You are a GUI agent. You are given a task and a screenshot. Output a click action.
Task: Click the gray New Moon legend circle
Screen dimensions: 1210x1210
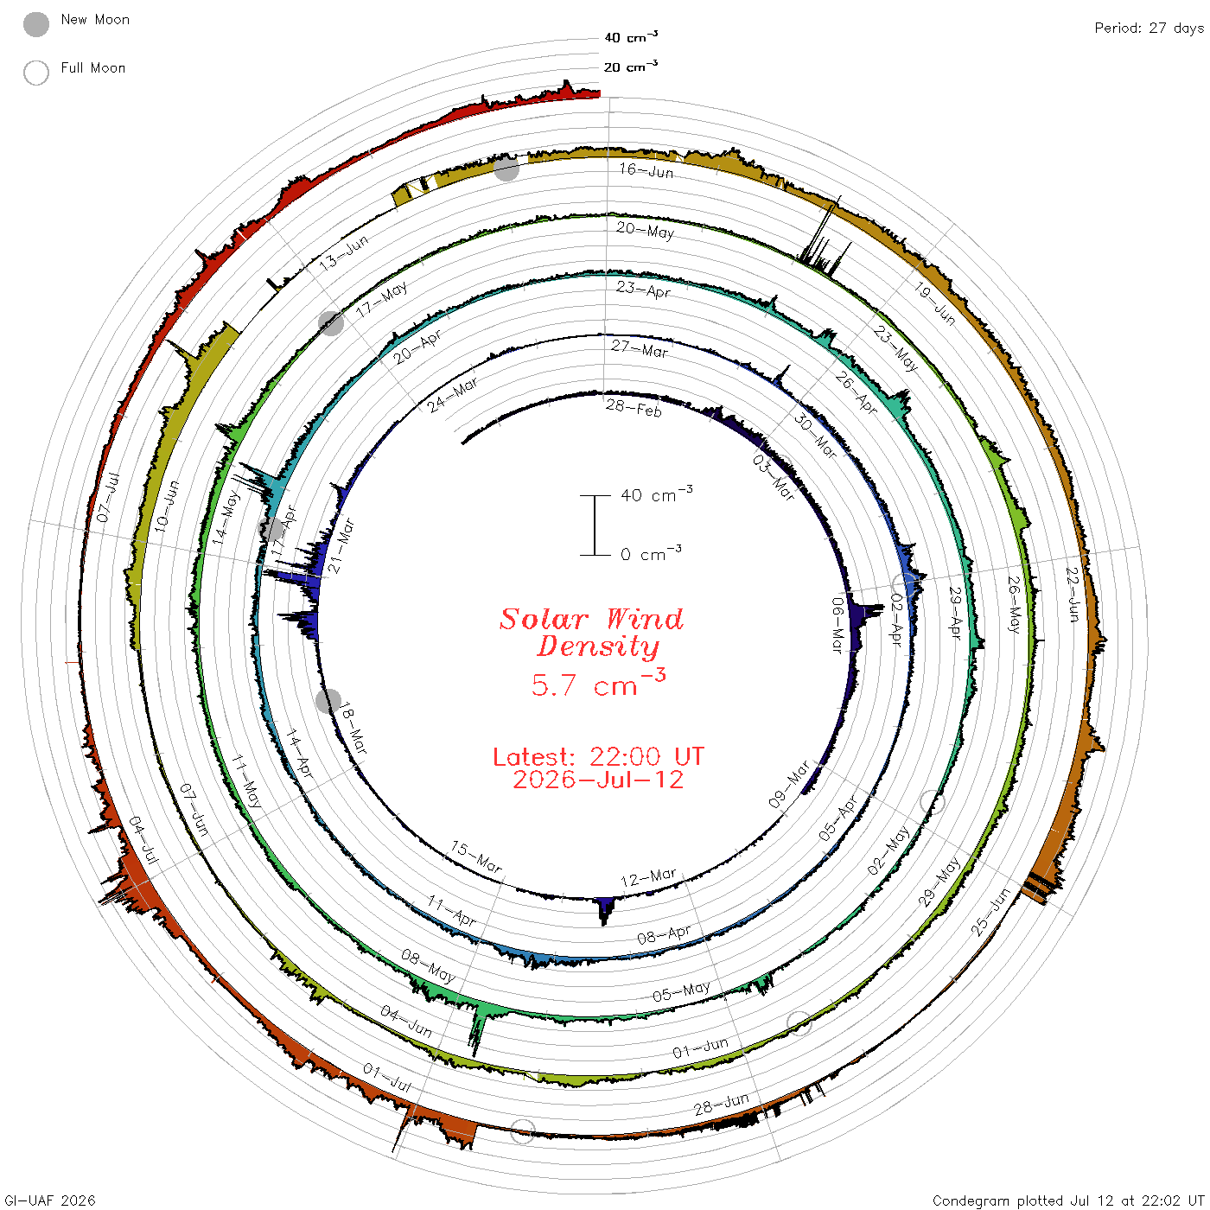pos(35,24)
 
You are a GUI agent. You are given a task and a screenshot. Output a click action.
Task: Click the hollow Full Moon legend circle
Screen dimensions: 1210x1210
pos(35,73)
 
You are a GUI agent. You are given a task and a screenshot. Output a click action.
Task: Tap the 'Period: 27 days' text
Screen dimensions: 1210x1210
pos(1149,29)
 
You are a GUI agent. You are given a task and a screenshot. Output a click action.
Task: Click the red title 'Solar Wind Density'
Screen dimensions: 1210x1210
pos(591,633)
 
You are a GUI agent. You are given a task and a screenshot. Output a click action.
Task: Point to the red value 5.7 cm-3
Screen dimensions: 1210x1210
pos(598,683)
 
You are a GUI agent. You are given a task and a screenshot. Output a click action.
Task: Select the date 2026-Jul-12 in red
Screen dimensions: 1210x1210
pos(598,780)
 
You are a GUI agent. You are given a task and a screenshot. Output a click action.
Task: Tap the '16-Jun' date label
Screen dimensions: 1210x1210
pos(646,170)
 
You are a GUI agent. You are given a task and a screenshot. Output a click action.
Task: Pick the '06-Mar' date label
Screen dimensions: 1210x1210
pos(837,625)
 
